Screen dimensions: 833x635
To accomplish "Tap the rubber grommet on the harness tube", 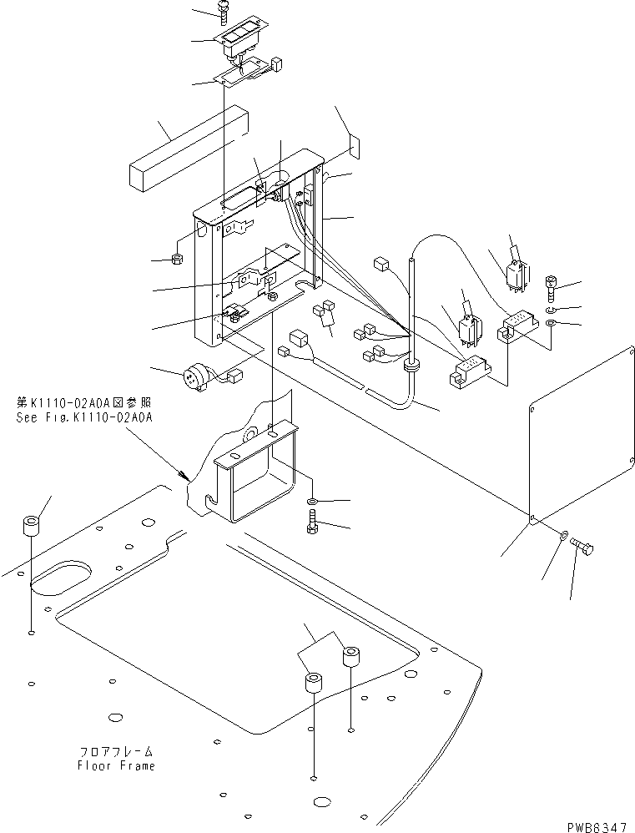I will tap(411, 365).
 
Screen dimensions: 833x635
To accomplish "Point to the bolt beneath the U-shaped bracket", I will tap(311, 527).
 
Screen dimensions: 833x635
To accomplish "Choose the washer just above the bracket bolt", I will tap(311, 501).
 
